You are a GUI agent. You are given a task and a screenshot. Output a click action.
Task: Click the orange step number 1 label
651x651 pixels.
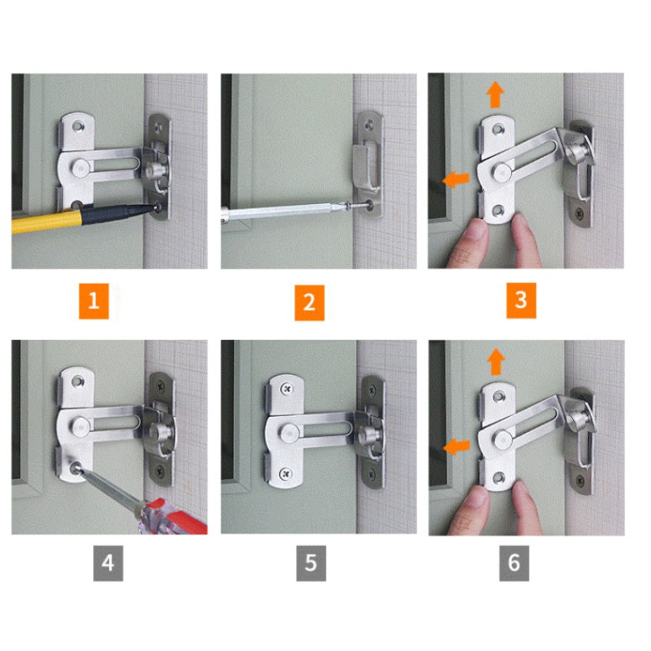tap(94, 301)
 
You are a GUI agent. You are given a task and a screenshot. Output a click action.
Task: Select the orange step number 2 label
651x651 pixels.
tap(310, 303)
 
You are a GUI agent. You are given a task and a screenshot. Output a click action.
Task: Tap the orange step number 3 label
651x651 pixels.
tap(521, 300)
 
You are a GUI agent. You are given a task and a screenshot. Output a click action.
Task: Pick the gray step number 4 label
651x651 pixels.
tap(108, 563)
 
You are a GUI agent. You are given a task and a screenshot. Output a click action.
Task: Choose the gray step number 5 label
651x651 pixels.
tap(311, 563)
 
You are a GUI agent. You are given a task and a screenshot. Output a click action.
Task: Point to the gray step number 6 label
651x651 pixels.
tap(514, 563)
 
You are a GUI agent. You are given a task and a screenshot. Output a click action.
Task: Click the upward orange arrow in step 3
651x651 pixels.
tap(495, 95)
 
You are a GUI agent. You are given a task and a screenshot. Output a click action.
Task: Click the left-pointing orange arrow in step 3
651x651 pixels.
tap(456, 180)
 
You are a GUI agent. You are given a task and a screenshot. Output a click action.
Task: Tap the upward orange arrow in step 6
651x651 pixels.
tap(496, 362)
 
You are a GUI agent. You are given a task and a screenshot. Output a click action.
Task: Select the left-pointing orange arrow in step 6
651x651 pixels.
tap(456, 447)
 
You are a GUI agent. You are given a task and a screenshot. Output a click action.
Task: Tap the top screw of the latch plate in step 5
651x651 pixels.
tap(286, 389)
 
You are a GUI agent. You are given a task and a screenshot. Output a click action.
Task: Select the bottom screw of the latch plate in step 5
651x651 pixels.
tap(285, 473)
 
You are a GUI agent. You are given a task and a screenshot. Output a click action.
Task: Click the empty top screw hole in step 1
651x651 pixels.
tap(78, 126)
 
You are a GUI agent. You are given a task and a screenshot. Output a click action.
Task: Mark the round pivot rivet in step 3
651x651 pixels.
tap(503, 171)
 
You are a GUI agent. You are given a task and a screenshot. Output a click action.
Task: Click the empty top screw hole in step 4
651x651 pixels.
tap(78, 381)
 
